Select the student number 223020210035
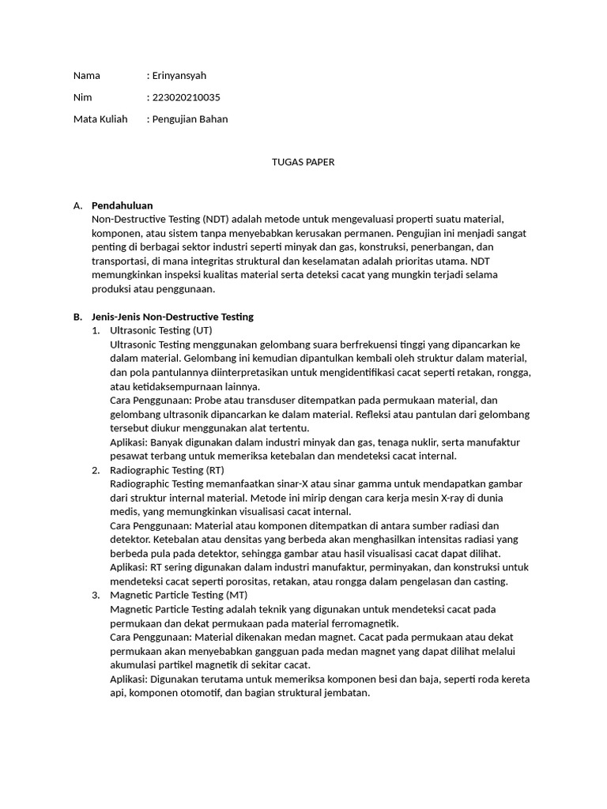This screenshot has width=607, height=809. point(186,97)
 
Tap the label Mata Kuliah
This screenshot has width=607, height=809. point(100,119)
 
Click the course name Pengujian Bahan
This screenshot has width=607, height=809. point(190,119)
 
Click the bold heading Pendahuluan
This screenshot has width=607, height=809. point(122,205)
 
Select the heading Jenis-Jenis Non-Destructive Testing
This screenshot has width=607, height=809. point(172,317)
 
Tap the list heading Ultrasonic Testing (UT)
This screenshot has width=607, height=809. point(161,330)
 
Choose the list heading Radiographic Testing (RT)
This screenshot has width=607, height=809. point(167,470)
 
